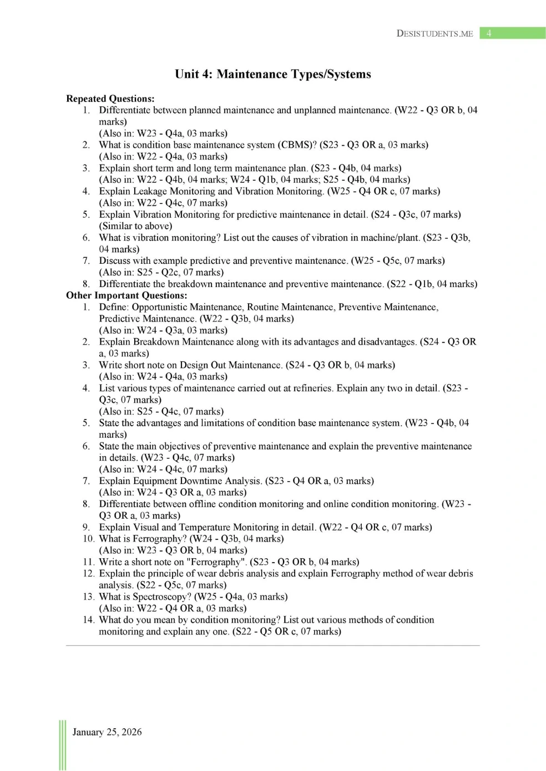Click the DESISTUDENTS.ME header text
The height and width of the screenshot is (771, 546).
point(434,33)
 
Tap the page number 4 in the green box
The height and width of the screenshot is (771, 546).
point(489,33)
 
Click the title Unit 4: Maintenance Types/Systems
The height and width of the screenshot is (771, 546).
point(272,74)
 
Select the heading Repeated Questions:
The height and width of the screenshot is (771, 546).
point(110,99)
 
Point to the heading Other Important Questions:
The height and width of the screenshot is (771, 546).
point(127,295)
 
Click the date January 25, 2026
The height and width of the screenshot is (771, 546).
point(107,732)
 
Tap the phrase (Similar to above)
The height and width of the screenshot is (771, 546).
point(135,226)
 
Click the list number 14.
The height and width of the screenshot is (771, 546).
point(88,620)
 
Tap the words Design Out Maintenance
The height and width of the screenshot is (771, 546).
point(246,365)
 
